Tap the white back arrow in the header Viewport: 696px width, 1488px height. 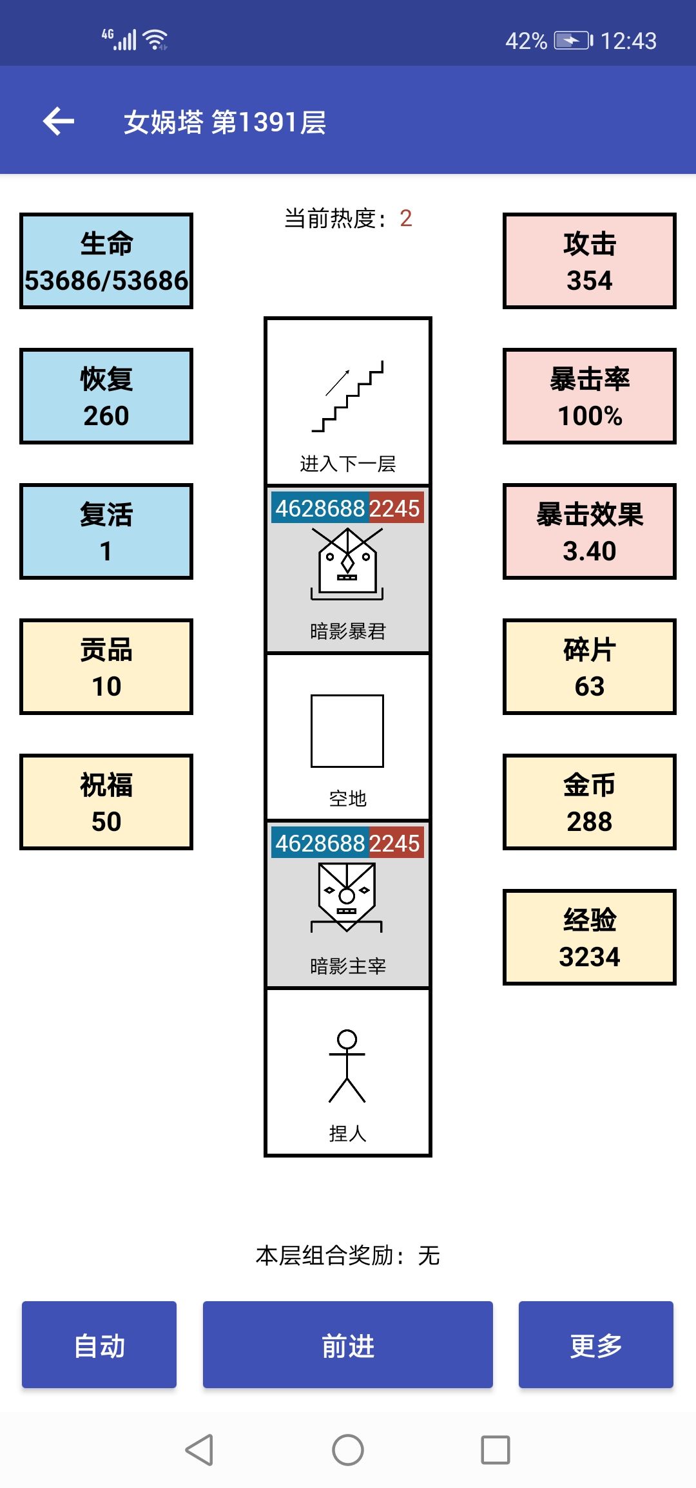(59, 121)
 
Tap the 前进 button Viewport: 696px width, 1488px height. (348, 1344)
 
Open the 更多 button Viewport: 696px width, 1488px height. (596, 1344)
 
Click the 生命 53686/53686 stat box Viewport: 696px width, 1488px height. (106, 261)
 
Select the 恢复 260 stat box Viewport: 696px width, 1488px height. (106, 396)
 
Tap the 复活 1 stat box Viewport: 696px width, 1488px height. (106, 531)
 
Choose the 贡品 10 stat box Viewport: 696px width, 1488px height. (106, 667)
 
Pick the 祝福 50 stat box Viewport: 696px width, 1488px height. (106, 802)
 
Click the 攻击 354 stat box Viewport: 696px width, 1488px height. (590, 261)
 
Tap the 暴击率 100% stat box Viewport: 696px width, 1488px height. (590, 396)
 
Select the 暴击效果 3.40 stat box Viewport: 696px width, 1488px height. (590, 531)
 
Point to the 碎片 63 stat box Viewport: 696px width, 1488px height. (590, 667)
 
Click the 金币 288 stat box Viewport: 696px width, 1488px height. (590, 802)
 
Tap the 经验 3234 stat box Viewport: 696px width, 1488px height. (590, 937)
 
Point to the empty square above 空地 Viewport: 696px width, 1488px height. (347, 731)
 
